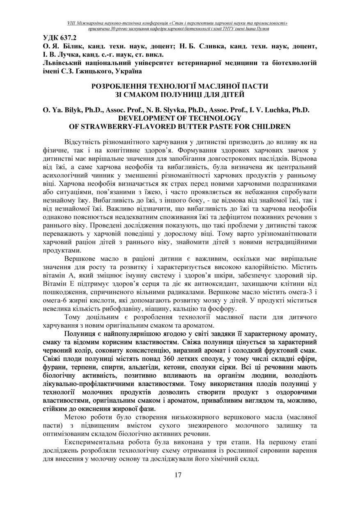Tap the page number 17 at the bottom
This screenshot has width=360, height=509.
178,475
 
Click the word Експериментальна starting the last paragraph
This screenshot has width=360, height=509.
94,443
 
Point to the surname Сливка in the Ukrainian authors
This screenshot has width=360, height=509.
209,46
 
